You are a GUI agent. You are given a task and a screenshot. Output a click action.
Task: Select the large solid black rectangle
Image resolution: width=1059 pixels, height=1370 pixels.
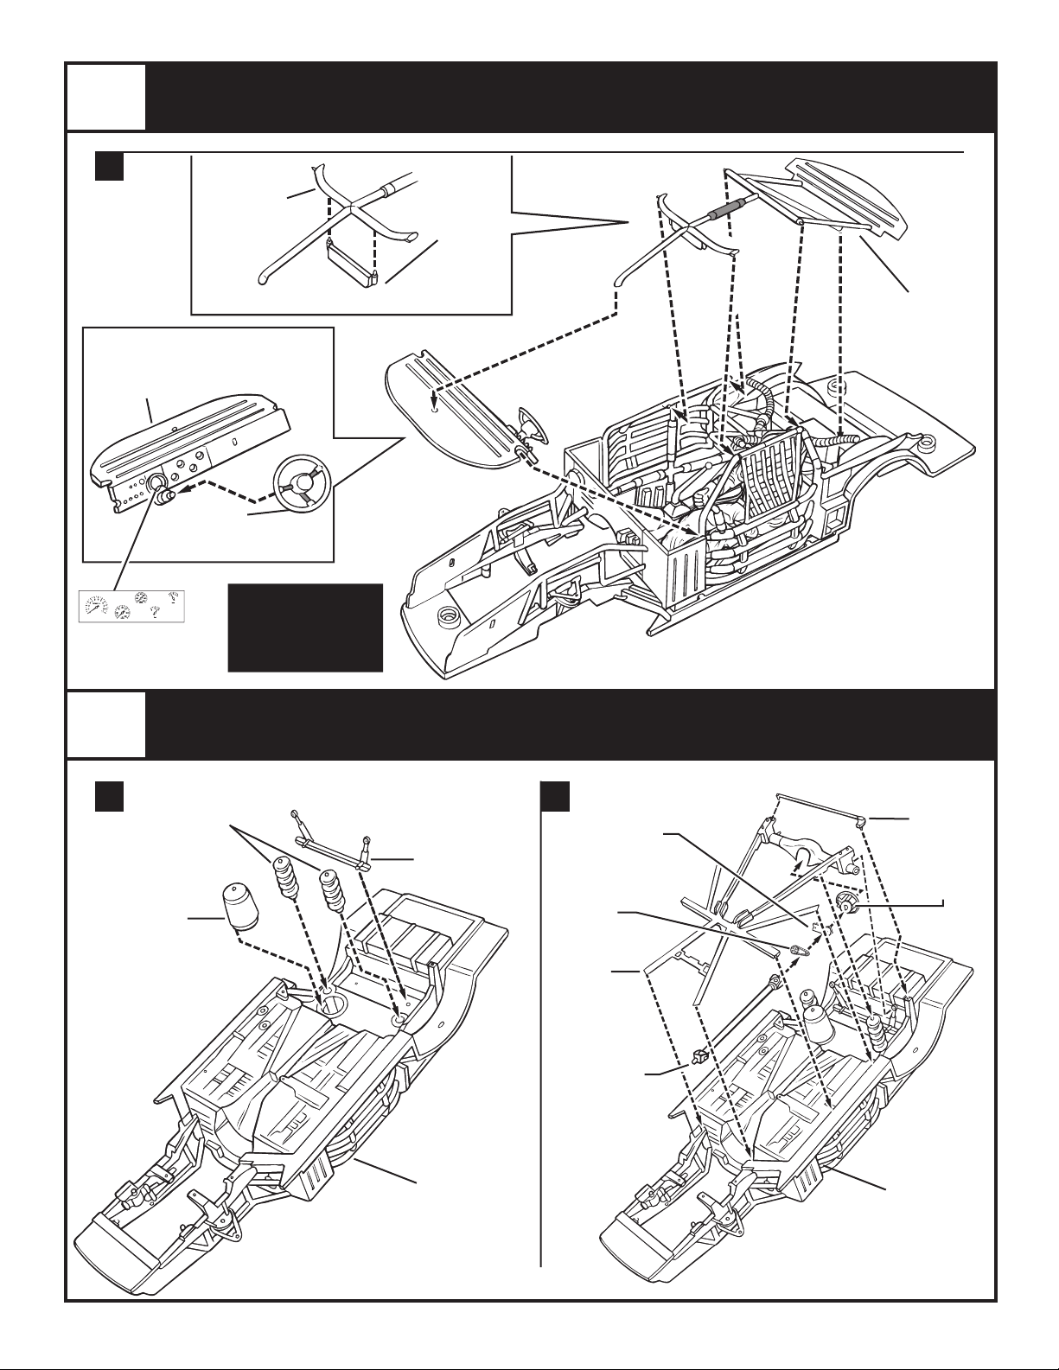point(304,628)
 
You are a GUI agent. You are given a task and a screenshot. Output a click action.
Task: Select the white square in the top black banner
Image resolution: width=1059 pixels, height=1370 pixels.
point(106,97)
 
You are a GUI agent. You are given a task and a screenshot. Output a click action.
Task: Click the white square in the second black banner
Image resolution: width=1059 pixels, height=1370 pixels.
point(106,723)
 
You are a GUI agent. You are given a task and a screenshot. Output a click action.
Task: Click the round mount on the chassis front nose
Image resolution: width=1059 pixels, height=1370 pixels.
point(448,616)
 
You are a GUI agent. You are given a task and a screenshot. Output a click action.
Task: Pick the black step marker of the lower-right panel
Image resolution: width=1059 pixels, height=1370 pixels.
point(554,796)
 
